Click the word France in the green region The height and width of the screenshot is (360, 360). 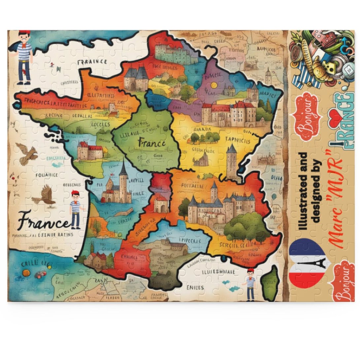(151, 144)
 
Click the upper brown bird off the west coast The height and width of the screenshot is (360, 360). (27, 154)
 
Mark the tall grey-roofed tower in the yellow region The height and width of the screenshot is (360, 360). (232, 162)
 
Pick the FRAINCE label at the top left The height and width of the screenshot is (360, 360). (92, 62)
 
